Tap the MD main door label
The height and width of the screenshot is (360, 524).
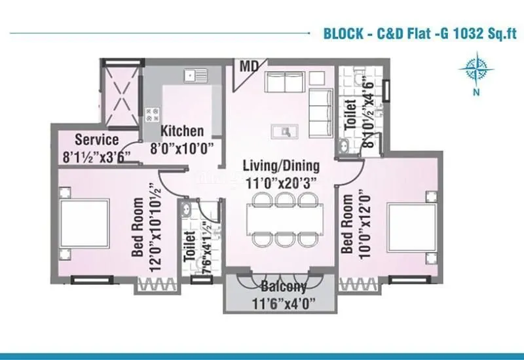tap(248, 67)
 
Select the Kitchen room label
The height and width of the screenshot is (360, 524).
tap(182, 130)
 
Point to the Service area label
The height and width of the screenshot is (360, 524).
tap(96, 139)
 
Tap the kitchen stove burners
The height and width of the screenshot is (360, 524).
tap(153, 115)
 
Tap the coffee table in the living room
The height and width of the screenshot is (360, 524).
tap(286, 131)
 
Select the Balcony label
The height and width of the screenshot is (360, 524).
tap(283, 287)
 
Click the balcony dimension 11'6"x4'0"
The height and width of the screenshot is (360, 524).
tap(283, 303)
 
